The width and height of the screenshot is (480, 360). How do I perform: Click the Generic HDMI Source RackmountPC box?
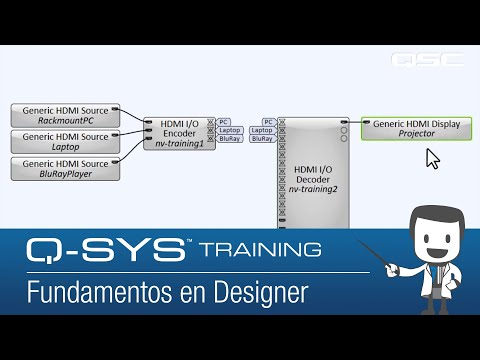point(65,113)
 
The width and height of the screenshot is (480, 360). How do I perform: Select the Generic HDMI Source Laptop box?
point(65,140)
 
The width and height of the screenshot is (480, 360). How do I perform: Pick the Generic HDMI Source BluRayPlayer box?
point(65,167)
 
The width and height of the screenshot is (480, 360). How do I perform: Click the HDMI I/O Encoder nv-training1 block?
point(180,130)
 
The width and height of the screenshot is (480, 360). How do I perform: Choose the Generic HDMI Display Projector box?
point(416,128)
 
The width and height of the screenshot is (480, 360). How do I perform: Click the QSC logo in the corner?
point(427,59)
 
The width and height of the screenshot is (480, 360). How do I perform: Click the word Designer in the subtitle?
point(257,294)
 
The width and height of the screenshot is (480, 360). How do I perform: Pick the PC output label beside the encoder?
point(224,121)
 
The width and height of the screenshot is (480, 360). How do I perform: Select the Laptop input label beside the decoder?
point(262,130)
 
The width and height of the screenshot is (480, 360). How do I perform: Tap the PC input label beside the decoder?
point(268,121)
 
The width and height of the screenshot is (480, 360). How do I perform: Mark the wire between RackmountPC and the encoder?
point(132,117)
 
